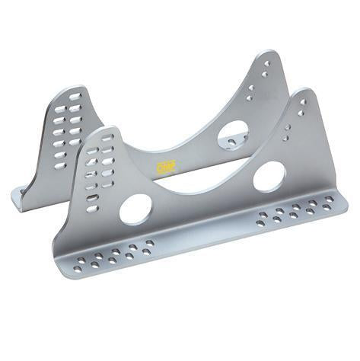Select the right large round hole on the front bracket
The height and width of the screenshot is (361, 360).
[269, 177]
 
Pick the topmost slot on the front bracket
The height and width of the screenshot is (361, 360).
[107, 138]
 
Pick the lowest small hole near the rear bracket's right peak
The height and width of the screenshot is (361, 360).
[248, 98]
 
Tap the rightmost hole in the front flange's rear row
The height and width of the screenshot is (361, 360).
[329, 199]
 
